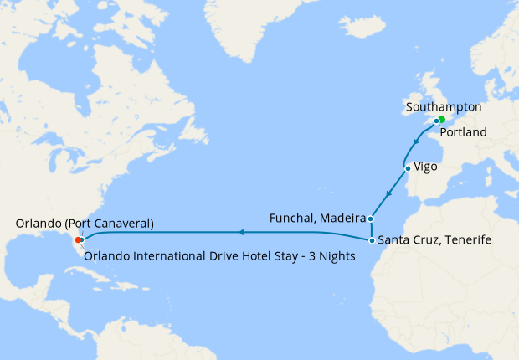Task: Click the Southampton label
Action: [443, 107]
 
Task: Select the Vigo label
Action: [425, 167]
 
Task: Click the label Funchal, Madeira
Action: [316, 219]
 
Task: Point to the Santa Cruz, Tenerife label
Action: [434, 240]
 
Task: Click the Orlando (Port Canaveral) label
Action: [85, 224]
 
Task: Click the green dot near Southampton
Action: [441, 119]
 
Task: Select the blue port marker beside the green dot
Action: [435, 121]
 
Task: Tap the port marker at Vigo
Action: [408, 167]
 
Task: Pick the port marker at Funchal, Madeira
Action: [370, 219]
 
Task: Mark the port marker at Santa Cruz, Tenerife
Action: [371, 240]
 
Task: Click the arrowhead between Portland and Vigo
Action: [415, 141]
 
